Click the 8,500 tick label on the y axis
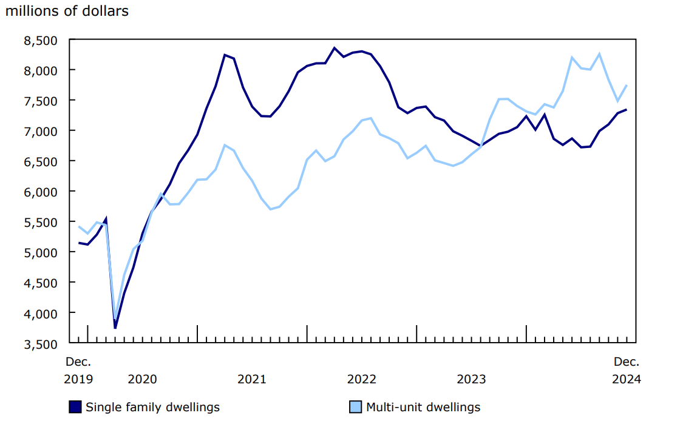pyautogui.click(x=40, y=40)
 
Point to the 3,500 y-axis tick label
pyautogui.click(x=40, y=343)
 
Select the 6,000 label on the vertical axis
pyautogui.click(x=40, y=192)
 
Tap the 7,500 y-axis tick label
pyautogui.click(x=40, y=101)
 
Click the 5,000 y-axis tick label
pyautogui.click(x=40, y=252)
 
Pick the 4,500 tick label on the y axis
pyautogui.click(x=40, y=283)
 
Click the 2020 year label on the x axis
pyautogui.click(x=142, y=379)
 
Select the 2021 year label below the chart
pyautogui.click(x=252, y=379)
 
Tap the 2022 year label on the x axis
pyautogui.click(x=362, y=379)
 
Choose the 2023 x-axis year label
pyautogui.click(x=471, y=379)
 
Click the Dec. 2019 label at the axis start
pyautogui.click(x=79, y=371)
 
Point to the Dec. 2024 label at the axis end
pyautogui.click(x=627, y=371)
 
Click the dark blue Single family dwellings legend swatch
pyautogui.click(x=75, y=407)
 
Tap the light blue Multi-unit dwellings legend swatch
pyautogui.click(x=356, y=407)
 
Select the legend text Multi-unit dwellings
pyautogui.click(x=423, y=407)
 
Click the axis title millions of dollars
pyautogui.click(x=67, y=12)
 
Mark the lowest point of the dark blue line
pyautogui.click(x=115, y=328)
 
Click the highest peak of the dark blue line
pyautogui.click(x=335, y=48)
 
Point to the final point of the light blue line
pyautogui.click(x=627, y=86)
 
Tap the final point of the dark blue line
pyautogui.click(x=627, y=110)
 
